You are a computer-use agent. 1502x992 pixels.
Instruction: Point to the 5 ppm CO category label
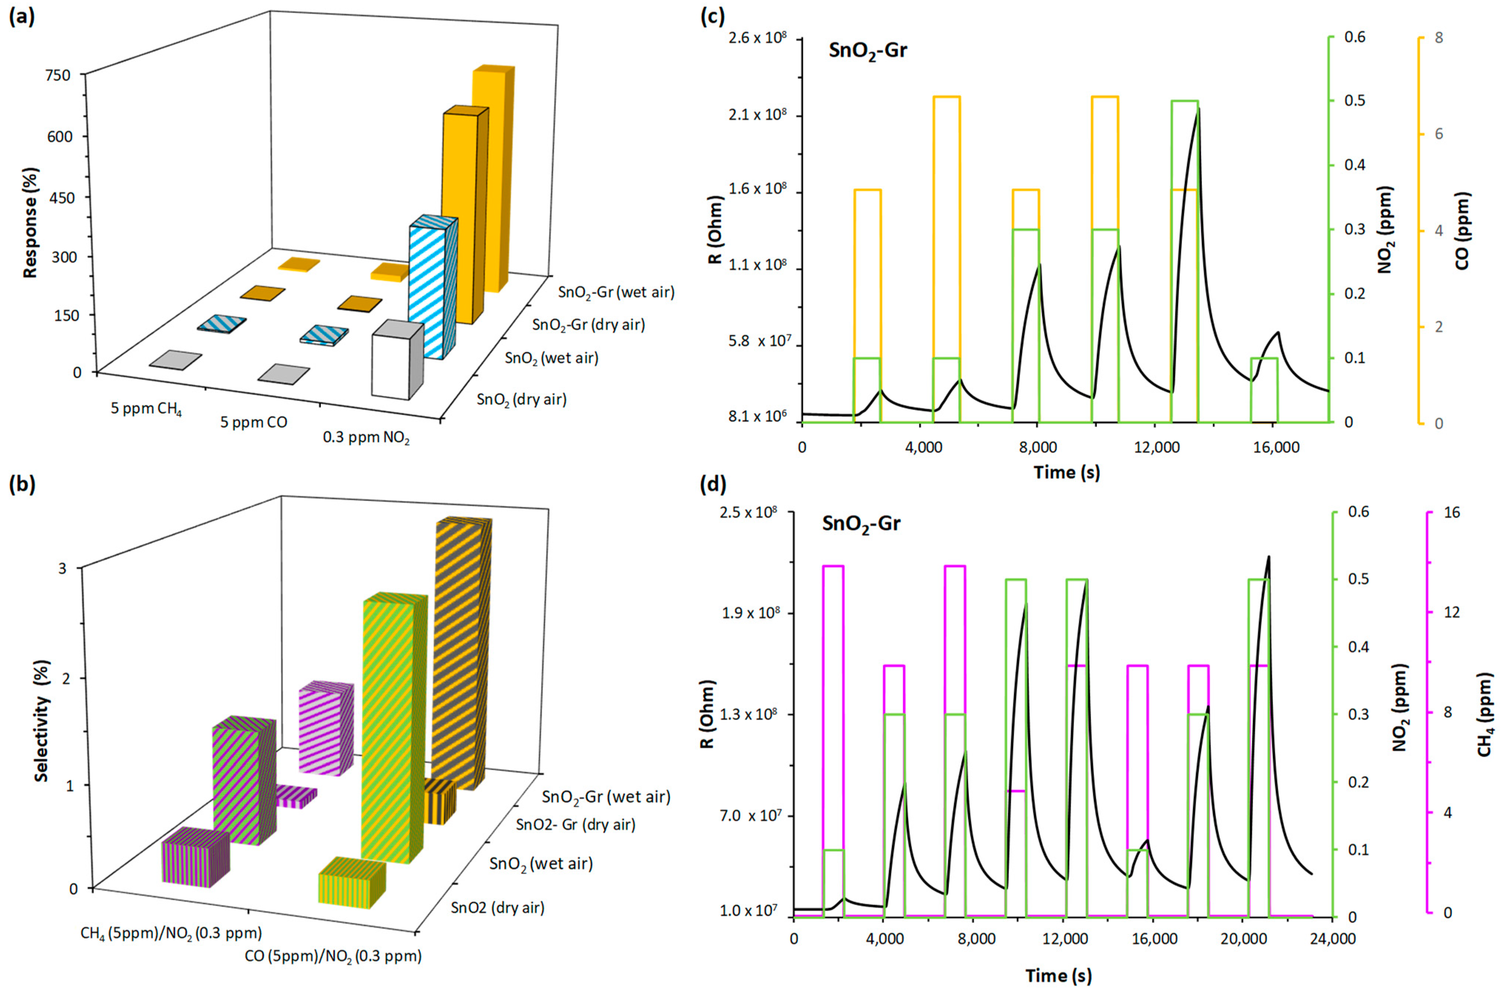point(254,422)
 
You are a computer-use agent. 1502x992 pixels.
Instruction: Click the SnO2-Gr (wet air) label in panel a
point(616,292)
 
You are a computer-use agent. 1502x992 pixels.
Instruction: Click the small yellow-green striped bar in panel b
point(350,882)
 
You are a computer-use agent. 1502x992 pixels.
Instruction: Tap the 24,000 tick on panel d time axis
point(1332,939)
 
